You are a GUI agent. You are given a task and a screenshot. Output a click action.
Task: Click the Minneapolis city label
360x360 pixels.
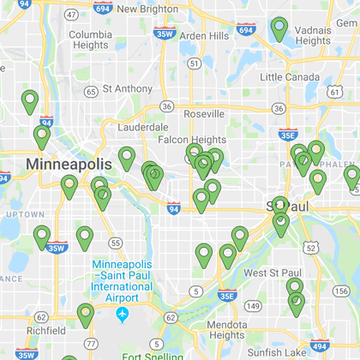pyautogui.click(x=69, y=164)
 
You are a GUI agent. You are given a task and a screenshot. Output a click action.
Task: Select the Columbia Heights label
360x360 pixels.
pyautogui.click(x=90, y=39)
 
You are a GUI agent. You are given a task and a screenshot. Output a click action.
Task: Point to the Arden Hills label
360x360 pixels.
pyautogui.click(x=204, y=36)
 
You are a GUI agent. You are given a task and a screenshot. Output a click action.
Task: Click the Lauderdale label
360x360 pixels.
pyautogui.click(x=142, y=126)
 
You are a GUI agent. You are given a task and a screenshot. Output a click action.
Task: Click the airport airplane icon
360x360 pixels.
pyautogui.click(x=122, y=315)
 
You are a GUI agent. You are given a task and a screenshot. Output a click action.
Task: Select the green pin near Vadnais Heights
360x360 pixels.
pyautogui.click(x=279, y=27)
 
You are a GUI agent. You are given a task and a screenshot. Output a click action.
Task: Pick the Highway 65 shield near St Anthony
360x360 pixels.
pyautogui.click(x=91, y=91)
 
